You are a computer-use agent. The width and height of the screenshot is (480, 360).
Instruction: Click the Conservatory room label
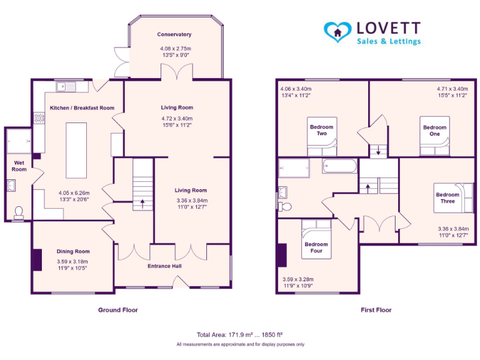tap(174, 34)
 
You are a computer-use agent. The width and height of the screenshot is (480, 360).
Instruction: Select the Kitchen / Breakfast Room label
tap(82, 108)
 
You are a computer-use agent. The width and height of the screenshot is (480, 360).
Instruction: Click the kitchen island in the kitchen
tap(76, 150)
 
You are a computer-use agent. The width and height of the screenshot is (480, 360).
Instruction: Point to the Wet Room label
tap(19, 166)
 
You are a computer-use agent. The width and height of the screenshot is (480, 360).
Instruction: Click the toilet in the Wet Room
tap(18, 213)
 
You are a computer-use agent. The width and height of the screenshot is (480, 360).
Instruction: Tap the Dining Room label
tap(73, 252)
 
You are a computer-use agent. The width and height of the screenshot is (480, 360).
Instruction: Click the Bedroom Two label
tap(322, 130)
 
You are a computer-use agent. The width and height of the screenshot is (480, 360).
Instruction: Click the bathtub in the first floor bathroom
tap(339, 166)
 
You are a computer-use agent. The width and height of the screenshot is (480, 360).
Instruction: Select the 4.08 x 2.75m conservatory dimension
tap(174, 48)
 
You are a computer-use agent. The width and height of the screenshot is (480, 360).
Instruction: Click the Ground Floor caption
tap(118, 310)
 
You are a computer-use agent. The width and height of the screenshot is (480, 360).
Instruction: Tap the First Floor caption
tap(376, 310)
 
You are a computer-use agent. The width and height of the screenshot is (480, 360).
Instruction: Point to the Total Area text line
tap(240, 334)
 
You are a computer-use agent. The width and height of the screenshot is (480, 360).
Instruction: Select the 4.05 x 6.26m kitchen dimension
tap(74, 192)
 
